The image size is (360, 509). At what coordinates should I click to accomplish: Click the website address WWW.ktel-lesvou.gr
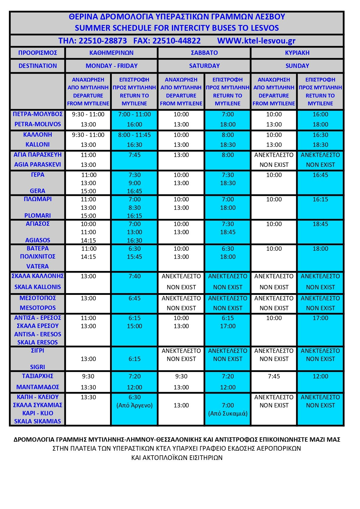256,41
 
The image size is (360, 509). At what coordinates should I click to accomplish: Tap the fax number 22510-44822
177,41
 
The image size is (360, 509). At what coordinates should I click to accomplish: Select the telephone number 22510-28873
103,41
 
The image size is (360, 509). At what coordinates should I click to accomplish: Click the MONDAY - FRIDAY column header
111,66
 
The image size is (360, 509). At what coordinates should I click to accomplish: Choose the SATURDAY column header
204,66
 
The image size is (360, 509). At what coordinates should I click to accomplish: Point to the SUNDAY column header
297,66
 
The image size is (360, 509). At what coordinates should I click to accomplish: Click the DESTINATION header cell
38,66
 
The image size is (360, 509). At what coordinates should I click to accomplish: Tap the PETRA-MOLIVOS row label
38,124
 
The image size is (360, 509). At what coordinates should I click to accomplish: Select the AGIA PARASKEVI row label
38,165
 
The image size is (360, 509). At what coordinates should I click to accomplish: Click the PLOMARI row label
38,216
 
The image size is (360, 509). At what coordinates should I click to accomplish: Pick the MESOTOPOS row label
38,308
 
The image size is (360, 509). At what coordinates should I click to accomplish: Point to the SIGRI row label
38,367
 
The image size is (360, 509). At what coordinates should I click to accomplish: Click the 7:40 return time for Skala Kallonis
134,276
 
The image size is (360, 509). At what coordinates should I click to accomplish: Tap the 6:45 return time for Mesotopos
134,298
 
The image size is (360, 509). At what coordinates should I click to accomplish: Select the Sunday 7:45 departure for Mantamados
274,376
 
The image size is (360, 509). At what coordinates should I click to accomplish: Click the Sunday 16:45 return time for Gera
320,175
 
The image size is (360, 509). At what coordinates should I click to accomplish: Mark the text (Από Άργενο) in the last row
134,405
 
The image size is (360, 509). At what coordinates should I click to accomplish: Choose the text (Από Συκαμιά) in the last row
228,414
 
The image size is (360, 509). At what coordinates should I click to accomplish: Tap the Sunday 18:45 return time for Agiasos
320,224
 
